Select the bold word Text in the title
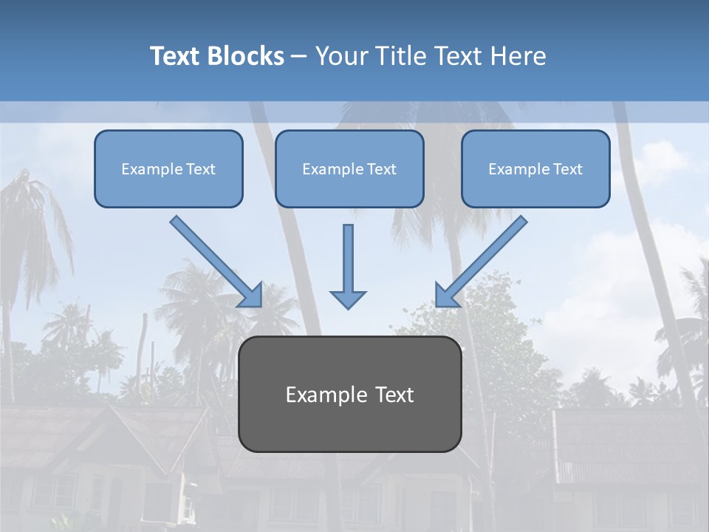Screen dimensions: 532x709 177,56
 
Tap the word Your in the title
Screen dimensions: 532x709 343,56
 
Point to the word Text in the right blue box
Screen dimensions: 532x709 568,169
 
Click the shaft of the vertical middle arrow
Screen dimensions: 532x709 348,255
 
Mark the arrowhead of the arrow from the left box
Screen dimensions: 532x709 253,296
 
